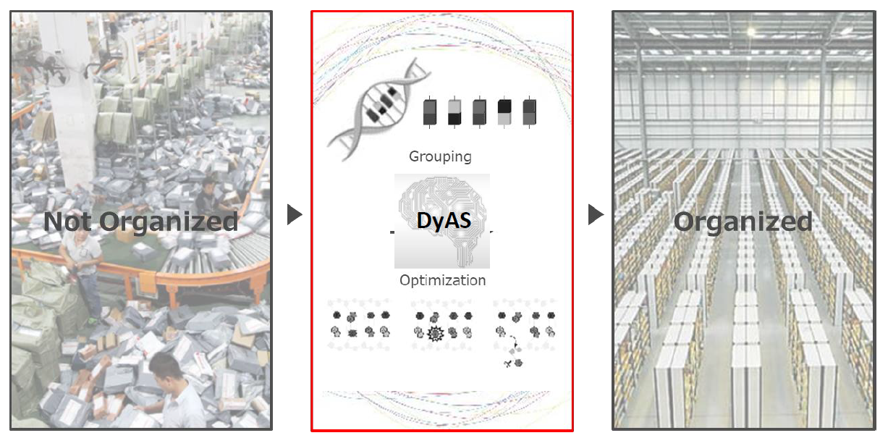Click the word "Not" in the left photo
coord(69,221)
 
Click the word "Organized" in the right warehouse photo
coord(743,221)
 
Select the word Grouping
coord(440,156)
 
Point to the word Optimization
coord(442,280)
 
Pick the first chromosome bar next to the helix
coord(430,112)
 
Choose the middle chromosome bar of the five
coord(479,112)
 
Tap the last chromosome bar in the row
coord(529,112)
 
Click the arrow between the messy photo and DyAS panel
coord(294,214)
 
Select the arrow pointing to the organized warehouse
coord(595,214)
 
